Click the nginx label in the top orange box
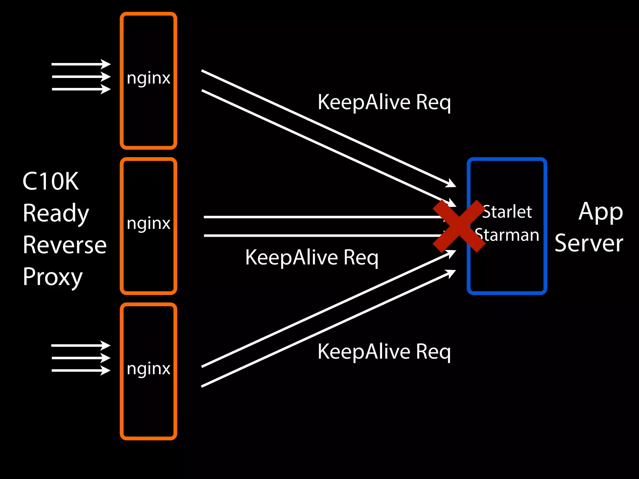tap(149, 78)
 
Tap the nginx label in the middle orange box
tap(149, 223)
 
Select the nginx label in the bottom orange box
tap(149, 369)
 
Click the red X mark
tap(459, 226)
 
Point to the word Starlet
tap(507, 212)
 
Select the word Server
tap(589, 243)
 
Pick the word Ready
tap(56, 214)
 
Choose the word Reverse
tap(65, 245)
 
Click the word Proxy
tap(53, 277)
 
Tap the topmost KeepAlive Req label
tap(384, 102)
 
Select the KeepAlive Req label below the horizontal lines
tap(312, 258)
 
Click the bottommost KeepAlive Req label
tap(384, 352)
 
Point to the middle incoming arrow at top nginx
tap(81, 76)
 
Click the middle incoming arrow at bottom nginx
tap(81, 358)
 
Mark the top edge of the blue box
tap(507, 159)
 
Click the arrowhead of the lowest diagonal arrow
tap(451, 273)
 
